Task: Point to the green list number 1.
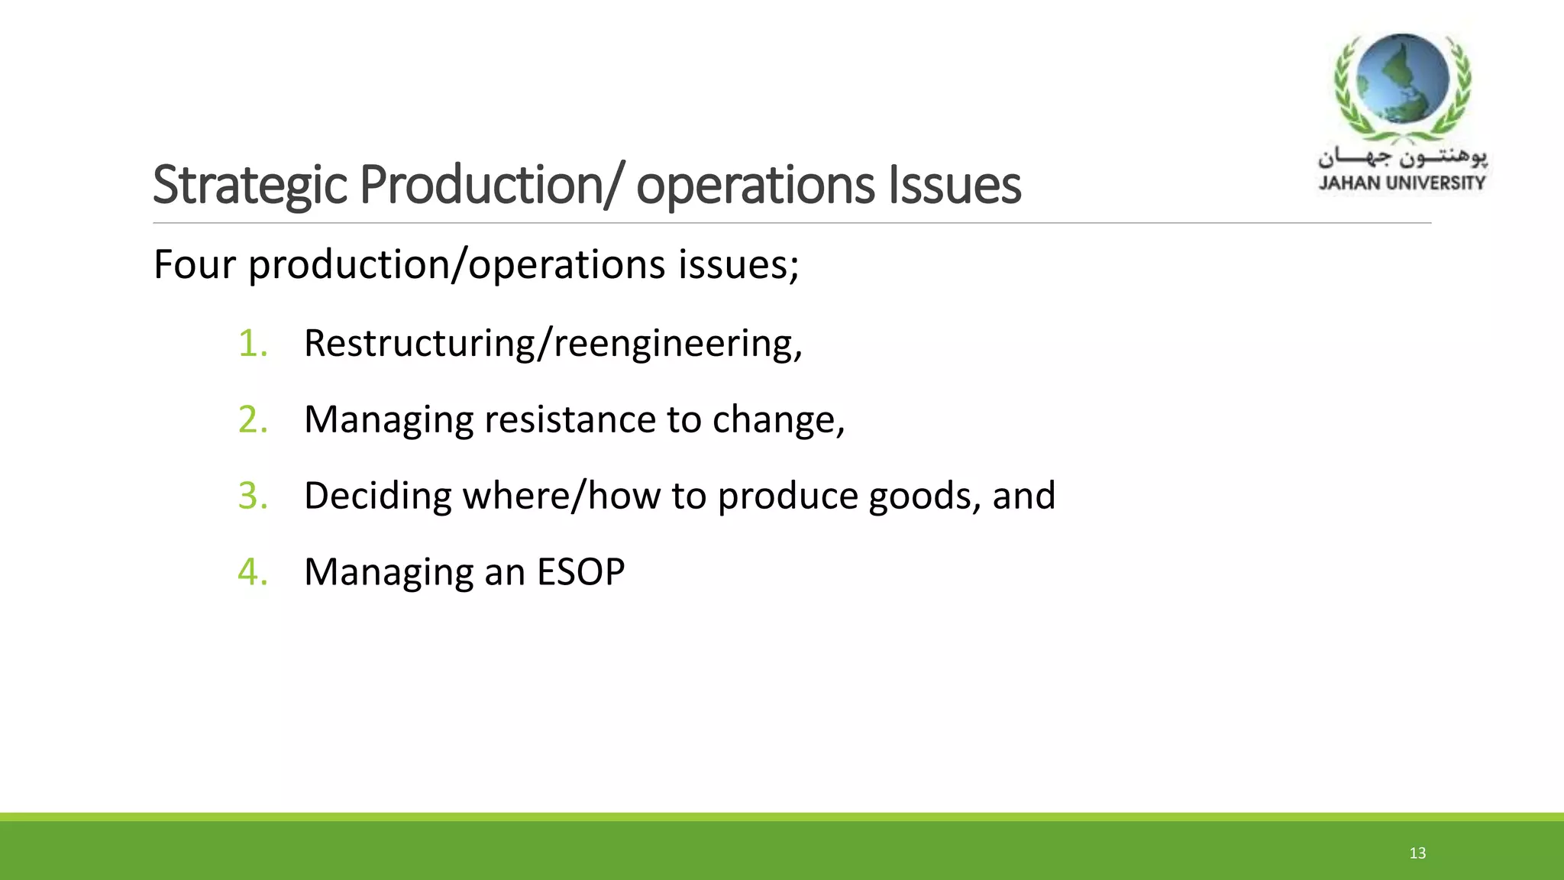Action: tap(251, 343)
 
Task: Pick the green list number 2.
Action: tap(251, 419)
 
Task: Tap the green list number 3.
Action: tap(251, 496)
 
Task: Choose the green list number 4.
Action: tap(251, 572)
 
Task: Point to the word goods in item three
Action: tap(923, 496)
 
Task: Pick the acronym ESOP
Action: tap(580, 572)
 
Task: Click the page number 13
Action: tap(1417, 853)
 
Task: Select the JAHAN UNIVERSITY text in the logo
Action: tap(1402, 183)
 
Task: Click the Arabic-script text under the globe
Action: tap(1402, 158)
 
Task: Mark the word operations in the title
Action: tap(755, 186)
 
